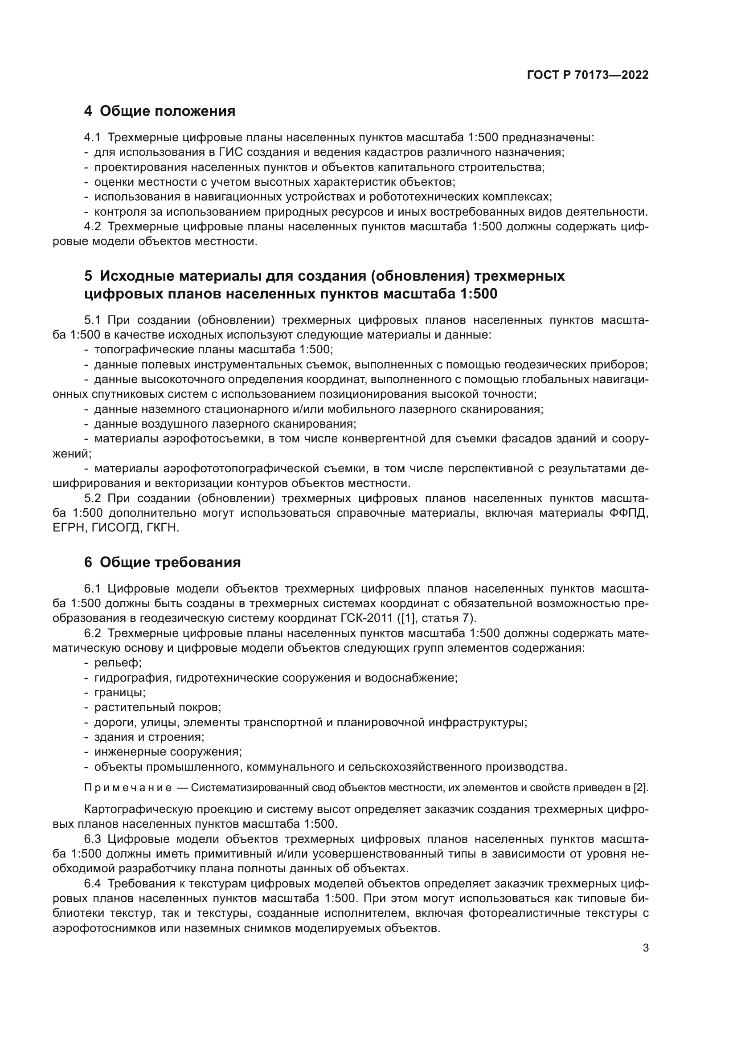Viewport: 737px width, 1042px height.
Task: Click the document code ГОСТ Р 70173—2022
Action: (588, 75)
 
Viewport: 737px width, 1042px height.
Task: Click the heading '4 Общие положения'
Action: (160, 111)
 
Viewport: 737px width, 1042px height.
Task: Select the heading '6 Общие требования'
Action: (163, 562)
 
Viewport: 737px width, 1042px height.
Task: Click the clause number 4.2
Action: (93, 226)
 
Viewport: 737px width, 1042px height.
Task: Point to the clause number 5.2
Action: (93, 499)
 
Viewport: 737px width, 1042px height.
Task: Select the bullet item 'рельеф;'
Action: (118, 662)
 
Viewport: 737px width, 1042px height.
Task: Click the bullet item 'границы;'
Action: (120, 693)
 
